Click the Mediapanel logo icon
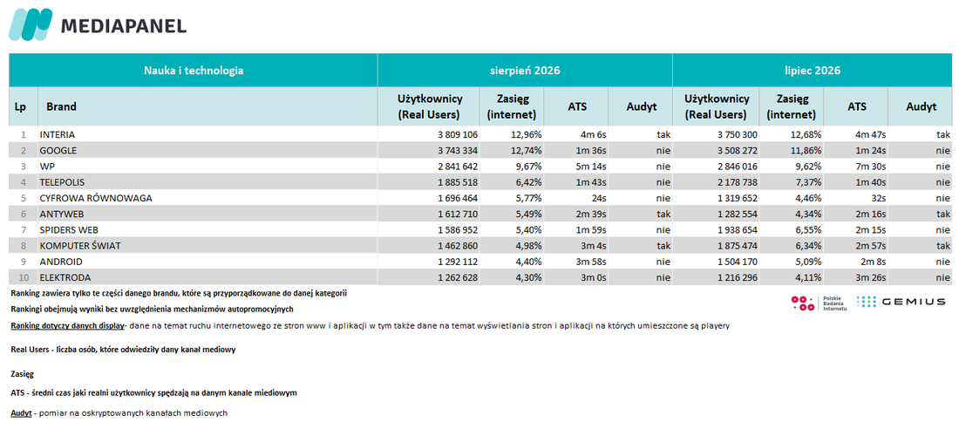click(x=30, y=25)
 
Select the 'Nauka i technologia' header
click(x=194, y=71)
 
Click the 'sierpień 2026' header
click(x=526, y=71)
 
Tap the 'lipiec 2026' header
click(x=813, y=71)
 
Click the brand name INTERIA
click(x=57, y=134)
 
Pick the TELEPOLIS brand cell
click(x=62, y=182)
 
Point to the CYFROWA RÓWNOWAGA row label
click(x=96, y=198)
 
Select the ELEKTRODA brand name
click(x=63, y=277)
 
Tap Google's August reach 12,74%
click(x=526, y=151)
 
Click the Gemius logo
click(x=901, y=302)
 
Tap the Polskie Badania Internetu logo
click(x=819, y=303)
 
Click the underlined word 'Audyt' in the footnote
click(x=22, y=412)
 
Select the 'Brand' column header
click(x=61, y=106)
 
